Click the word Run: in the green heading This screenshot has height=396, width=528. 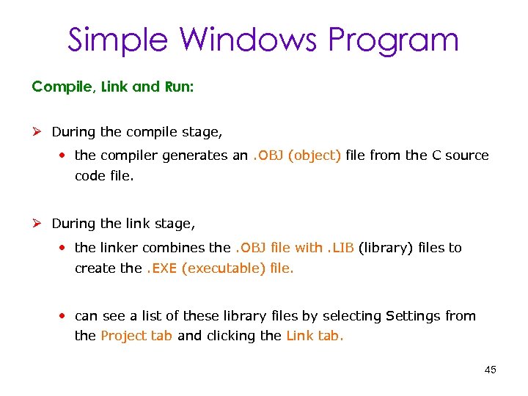(178, 87)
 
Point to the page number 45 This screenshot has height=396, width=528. (490, 370)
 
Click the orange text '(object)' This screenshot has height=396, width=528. (315, 155)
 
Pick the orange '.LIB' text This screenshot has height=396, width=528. (340, 248)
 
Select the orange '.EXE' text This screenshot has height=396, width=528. (161, 268)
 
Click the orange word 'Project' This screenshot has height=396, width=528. (122, 337)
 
